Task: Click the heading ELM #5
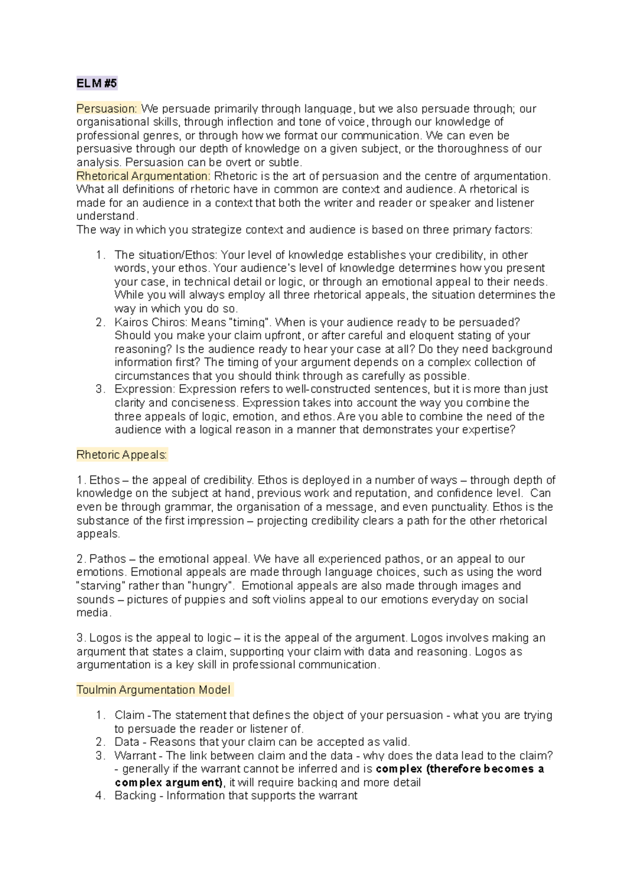click(x=96, y=83)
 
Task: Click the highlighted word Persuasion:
click(x=107, y=109)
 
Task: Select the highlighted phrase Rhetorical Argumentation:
click(x=143, y=176)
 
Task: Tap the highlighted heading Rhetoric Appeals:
click(x=122, y=455)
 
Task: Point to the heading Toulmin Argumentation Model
click(x=153, y=690)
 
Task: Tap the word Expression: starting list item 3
click(x=145, y=389)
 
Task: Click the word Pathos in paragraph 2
click(x=107, y=559)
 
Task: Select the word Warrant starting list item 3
click(x=135, y=756)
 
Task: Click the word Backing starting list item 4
click(x=135, y=796)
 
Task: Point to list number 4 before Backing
click(x=100, y=796)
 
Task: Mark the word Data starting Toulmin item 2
click(x=126, y=742)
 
